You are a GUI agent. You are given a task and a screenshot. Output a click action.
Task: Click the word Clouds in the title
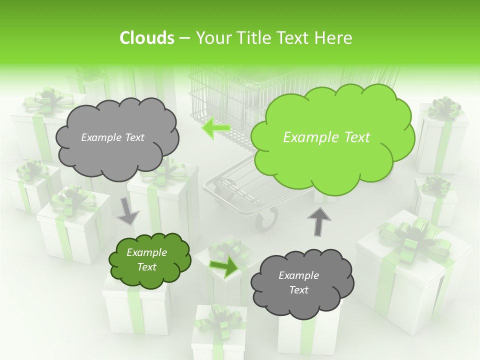[x=146, y=38]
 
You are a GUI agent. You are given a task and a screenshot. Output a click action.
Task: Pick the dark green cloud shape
[x=149, y=260]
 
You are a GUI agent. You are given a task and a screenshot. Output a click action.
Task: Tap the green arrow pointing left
[x=216, y=128]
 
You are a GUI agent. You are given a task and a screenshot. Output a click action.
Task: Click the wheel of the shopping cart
[x=267, y=219]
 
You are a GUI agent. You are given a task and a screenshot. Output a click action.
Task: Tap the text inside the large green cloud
[x=326, y=137]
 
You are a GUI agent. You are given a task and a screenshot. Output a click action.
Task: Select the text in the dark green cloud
[x=147, y=260]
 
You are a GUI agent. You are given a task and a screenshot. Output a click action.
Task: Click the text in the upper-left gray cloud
[x=112, y=137]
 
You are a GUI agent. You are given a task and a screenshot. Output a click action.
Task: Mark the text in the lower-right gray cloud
[x=298, y=282]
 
